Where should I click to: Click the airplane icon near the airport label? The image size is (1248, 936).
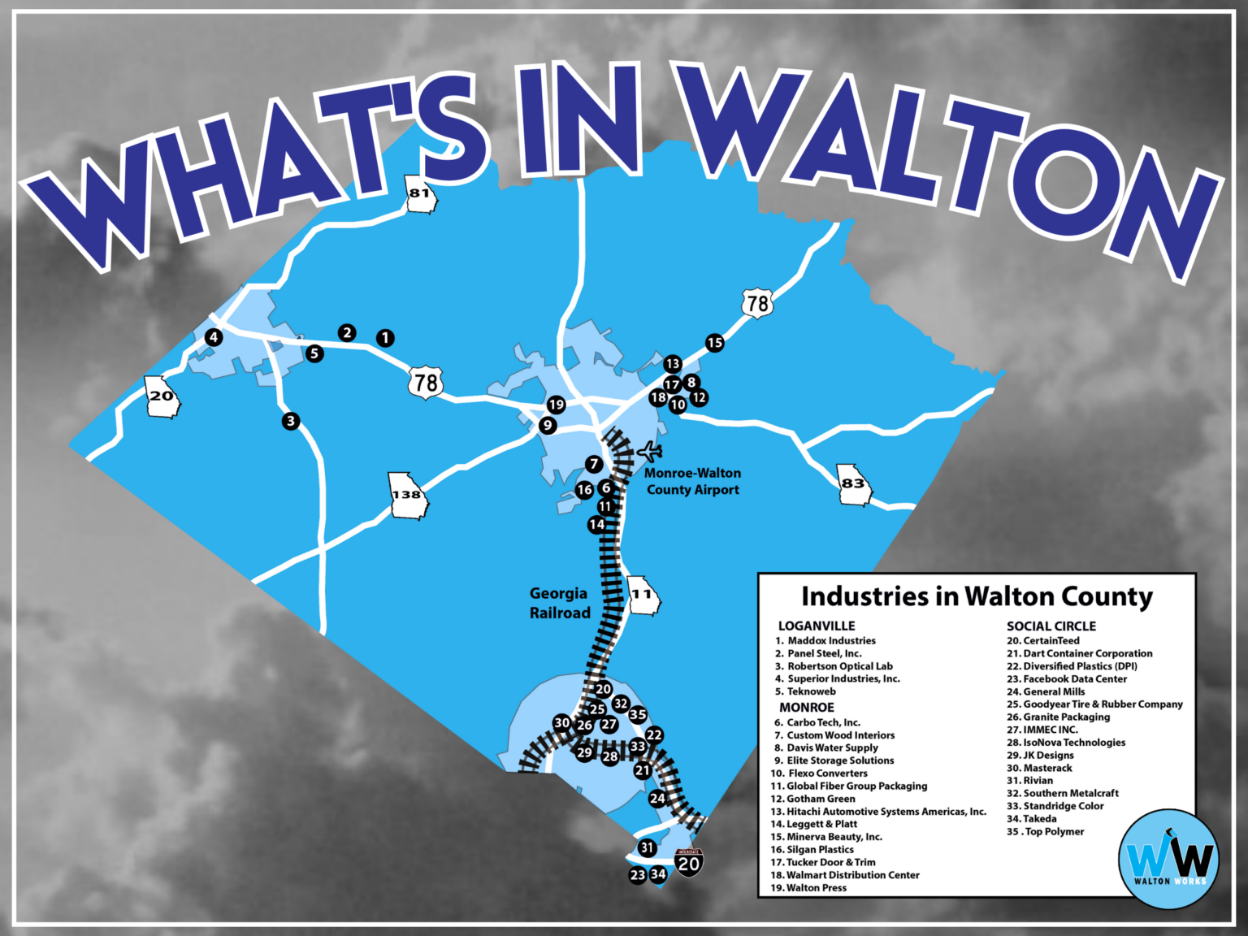click(x=650, y=450)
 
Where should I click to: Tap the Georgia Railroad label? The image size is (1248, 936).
click(x=559, y=603)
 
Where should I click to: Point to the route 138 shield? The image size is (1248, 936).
click(x=408, y=495)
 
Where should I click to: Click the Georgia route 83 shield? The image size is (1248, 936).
click(x=853, y=484)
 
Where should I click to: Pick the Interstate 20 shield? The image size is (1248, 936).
click(x=689, y=862)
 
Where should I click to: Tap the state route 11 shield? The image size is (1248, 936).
click(x=643, y=595)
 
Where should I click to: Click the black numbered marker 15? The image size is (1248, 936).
click(x=714, y=343)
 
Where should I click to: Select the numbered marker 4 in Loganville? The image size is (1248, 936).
click(x=214, y=337)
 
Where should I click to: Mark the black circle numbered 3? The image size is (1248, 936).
click(x=291, y=421)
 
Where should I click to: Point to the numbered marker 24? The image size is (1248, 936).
click(x=657, y=799)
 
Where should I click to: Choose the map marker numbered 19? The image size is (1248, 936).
click(x=556, y=405)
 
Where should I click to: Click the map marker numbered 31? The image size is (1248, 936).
click(x=647, y=847)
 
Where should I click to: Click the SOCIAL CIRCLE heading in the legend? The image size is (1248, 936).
click(x=1051, y=626)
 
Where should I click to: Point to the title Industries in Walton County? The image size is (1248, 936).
click(x=977, y=597)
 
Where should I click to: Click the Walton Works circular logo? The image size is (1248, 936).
click(x=1168, y=860)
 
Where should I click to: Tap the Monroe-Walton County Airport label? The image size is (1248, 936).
click(x=692, y=481)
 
